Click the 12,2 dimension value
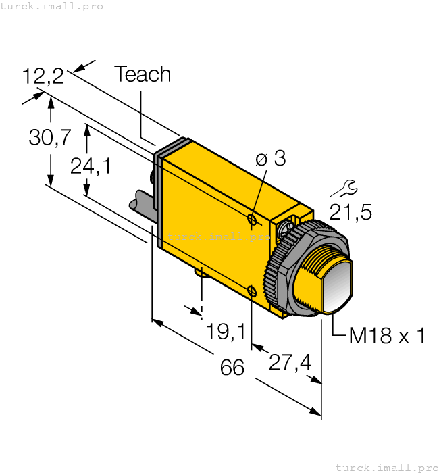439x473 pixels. (x=43, y=76)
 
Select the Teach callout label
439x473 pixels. (x=143, y=74)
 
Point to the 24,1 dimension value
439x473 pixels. (x=91, y=166)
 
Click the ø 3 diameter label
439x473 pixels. (x=271, y=159)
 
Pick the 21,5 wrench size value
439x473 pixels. (x=351, y=212)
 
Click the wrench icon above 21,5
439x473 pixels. (x=344, y=187)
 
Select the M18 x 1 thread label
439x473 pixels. (x=386, y=336)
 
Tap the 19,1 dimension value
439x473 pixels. (x=226, y=331)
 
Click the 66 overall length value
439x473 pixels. (x=232, y=368)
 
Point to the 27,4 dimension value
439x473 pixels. (x=290, y=363)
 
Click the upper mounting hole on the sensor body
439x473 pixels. (x=252, y=220)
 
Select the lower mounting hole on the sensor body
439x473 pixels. (x=252, y=291)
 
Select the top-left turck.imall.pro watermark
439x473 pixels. (x=52, y=6)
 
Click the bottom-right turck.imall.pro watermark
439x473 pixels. (x=387, y=467)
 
